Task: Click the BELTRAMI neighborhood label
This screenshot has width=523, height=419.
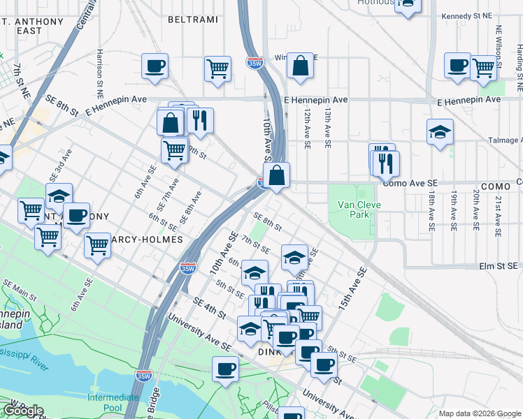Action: pyautogui.click(x=192, y=20)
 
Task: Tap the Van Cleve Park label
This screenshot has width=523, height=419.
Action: pyautogui.click(x=352, y=210)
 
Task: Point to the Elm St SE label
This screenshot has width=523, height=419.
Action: pyautogui.click(x=498, y=266)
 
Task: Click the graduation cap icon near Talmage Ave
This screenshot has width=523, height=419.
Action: pyautogui.click(x=440, y=131)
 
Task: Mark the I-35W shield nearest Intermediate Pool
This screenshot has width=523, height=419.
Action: pyautogui.click(x=143, y=376)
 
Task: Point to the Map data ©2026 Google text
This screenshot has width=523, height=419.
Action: pyautogui.click(x=479, y=413)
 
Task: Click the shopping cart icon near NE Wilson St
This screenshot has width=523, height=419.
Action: pyautogui.click(x=484, y=68)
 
